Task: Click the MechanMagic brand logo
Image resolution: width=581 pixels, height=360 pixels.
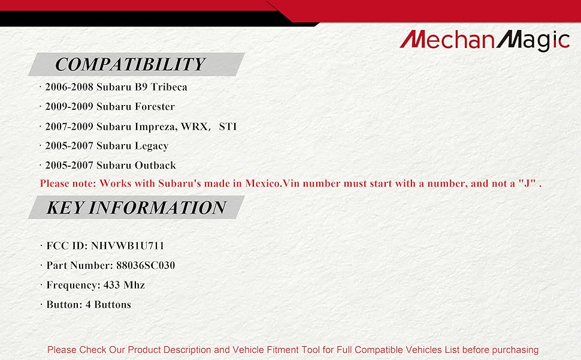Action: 485,40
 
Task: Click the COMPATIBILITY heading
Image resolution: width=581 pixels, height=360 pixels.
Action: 130,64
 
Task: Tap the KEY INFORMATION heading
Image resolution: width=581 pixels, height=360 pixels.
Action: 136,207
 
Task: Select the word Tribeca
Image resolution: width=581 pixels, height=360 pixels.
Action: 168,87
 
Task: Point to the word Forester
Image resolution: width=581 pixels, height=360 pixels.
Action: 155,107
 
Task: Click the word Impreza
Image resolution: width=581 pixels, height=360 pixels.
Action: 155,127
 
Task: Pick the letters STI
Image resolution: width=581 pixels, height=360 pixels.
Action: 228,127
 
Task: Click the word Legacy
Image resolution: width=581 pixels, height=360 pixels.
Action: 151,146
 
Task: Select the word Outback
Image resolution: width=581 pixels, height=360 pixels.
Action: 155,165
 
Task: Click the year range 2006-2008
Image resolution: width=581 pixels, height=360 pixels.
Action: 69,87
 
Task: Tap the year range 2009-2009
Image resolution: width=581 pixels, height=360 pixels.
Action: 69,107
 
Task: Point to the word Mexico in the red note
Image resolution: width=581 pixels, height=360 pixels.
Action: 262,184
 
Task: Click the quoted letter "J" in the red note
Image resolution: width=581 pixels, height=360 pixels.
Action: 528,183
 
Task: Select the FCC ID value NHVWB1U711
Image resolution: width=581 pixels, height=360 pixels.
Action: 128,245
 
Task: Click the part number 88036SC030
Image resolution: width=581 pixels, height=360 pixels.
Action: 146,265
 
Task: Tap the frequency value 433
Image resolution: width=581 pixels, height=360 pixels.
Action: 111,285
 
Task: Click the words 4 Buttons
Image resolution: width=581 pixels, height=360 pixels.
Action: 108,305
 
